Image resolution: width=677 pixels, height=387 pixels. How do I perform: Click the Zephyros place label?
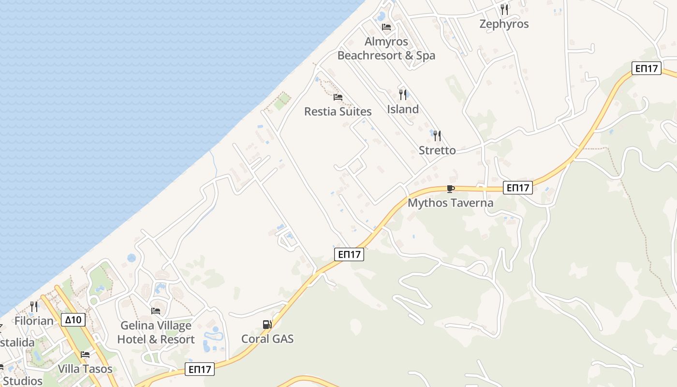click(x=504, y=24)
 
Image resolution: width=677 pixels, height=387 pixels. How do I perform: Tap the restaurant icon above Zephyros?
click(x=504, y=9)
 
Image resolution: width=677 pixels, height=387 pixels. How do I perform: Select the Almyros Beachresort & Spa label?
click(x=386, y=48)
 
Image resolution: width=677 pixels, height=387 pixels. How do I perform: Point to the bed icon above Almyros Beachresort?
click(x=386, y=27)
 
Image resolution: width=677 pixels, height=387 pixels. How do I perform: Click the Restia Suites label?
click(x=338, y=111)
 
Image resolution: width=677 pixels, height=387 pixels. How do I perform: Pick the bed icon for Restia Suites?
click(x=338, y=97)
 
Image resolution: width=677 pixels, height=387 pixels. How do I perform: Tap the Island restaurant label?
click(x=403, y=109)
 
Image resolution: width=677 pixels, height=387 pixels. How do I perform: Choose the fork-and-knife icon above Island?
click(x=403, y=94)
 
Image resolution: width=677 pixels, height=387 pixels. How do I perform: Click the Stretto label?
click(x=437, y=150)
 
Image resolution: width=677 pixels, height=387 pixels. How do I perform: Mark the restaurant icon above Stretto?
click(x=437, y=136)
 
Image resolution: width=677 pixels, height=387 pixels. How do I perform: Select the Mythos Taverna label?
click(x=450, y=203)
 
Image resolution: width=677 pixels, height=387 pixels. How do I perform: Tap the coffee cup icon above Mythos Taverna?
click(x=450, y=189)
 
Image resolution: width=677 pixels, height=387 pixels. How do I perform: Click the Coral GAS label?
click(x=267, y=339)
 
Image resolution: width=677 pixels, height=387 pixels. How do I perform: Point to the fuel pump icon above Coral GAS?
click(x=267, y=325)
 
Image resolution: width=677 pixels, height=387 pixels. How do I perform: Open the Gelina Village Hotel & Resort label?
click(x=156, y=332)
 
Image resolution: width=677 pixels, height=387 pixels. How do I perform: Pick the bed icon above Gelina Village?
click(x=156, y=311)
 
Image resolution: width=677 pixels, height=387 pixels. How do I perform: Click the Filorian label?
click(x=34, y=321)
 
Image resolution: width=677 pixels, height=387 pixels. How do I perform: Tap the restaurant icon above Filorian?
click(x=34, y=306)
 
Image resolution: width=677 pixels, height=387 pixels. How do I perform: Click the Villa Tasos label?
click(x=85, y=369)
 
